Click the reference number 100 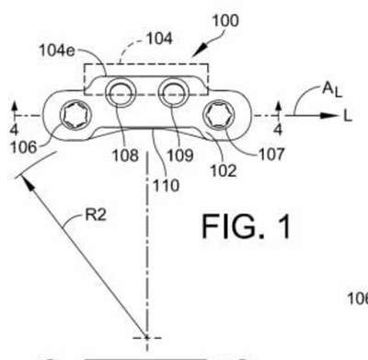click(x=225, y=20)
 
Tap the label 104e click(x=57, y=51)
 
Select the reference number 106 click(x=24, y=147)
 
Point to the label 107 click(x=271, y=154)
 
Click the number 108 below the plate click(x=125, y=156)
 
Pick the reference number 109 click(x=180, y=156)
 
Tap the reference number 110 click(x=166, y=186)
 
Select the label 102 click(x=224, y=170)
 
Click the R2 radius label click(x=96, y=215)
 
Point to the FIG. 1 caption click(x=247, y=226)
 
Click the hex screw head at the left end click(x=75, y=115)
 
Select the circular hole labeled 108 click(x=121, y=92)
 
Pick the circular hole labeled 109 click(x=173, y=92)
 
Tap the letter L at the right click(x=348, y=116)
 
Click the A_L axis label click(x=332, y=90)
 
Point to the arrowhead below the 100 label click(x=198, y=52)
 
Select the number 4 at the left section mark click(x=14, y=130)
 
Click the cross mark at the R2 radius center click(x=147, y=338)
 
